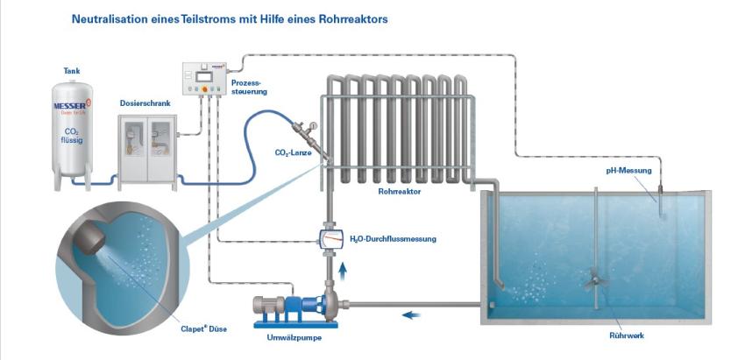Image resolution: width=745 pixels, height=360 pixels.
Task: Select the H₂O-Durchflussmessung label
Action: pyautogui.click(x=392, y=238)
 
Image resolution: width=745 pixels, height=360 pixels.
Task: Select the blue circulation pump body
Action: pyautogui.click(x=310, y=306)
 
